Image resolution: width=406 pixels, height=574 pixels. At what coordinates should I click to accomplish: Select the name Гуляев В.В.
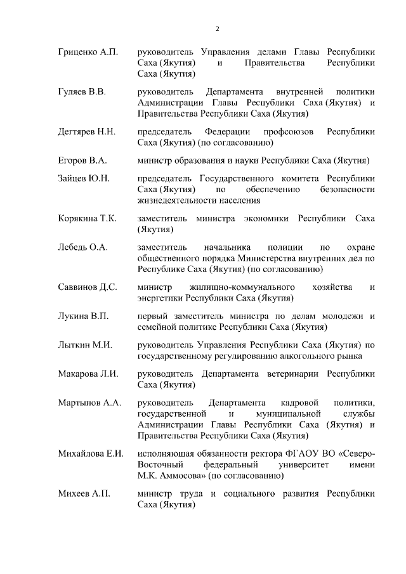(82, 91)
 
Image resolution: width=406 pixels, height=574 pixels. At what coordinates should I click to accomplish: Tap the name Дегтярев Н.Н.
(86, 131)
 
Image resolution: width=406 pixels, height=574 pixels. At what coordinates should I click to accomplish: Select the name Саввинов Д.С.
(87, 287)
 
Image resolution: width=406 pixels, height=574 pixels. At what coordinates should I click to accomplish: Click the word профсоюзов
(286, 131)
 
